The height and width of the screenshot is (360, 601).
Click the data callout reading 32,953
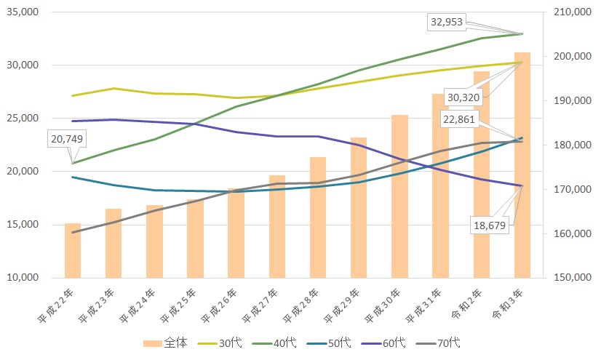[x=447, y=23]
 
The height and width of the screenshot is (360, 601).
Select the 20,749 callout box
[x=67, y=139]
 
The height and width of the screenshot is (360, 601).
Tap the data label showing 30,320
[x=463, y=97]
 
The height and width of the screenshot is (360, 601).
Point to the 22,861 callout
[x=459, y=119]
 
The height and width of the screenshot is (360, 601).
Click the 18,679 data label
[x=490, y=225]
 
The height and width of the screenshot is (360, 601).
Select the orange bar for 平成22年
[x=73, y=250]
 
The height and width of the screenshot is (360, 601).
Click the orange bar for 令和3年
[x=522, y=165]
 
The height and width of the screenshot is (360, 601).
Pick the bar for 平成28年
[x=318, y=217]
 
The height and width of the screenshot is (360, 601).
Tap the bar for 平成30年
[x=399, y=196]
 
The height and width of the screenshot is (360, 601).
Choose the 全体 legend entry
[x=165, y=343]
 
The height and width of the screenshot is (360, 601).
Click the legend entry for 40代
[x=274, y=343]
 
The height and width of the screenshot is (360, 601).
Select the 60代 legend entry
[x=383, y=343]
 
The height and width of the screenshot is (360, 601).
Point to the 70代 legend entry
[x=438, y=343]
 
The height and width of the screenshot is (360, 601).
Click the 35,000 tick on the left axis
[x=23, y=12]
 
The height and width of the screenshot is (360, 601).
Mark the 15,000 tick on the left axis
[x=23, y=225]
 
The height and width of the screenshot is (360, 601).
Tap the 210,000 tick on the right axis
[x=573, y=12]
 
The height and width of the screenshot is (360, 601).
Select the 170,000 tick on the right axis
[x=573, y=189]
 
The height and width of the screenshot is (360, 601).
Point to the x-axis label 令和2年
[x=466, y=304]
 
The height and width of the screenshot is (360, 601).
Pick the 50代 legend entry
[x=329, y=343]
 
